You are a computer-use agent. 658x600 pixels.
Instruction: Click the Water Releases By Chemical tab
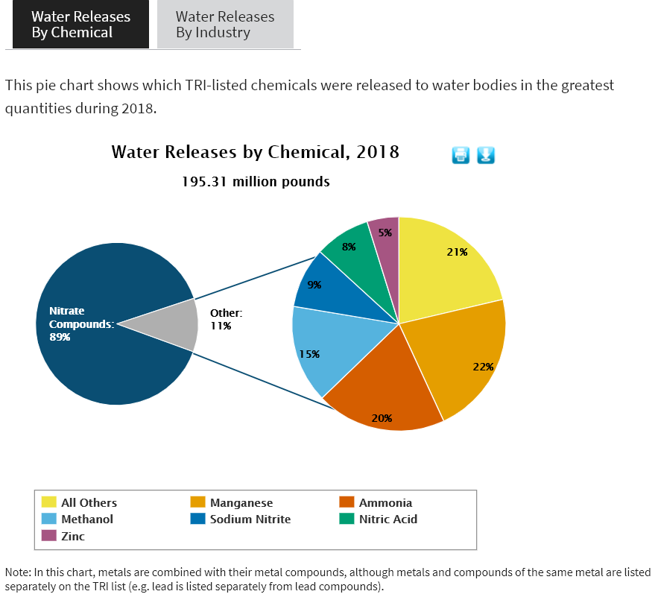tap(80, 25)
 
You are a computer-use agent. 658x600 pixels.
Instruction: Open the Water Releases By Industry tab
tap(225, 25)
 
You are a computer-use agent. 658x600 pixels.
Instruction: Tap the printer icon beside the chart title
tap(461, 155)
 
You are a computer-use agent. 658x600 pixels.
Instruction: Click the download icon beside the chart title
tap(486, 155)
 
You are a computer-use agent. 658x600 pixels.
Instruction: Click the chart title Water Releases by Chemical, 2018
tap(255, 152)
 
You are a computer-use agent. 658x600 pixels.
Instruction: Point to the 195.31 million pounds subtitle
tap(256, 181)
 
